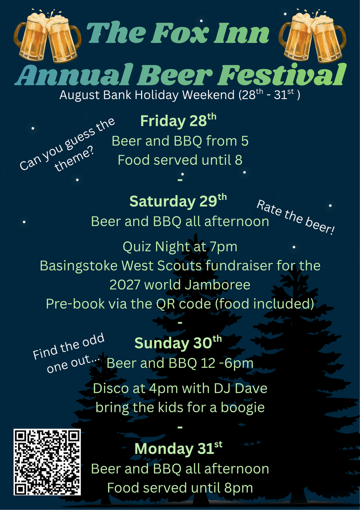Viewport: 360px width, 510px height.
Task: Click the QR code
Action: (47, 462)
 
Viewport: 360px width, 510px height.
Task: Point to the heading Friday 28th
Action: (178, 121)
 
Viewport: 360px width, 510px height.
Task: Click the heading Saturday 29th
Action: (178, 201)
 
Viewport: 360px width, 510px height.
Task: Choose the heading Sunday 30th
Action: (178, 342)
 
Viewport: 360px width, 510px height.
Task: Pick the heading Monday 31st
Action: (178, 449)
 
